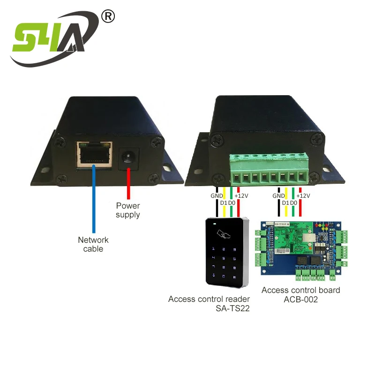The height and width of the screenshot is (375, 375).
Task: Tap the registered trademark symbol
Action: [108, 16]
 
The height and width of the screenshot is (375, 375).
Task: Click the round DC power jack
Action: [127, 157]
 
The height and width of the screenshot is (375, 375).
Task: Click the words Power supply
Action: [128, 210]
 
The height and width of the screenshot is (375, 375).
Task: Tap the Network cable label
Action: [93, 244]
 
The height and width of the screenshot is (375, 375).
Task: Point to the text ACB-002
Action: [301, 300]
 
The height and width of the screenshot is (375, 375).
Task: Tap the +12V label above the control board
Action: [304, 195]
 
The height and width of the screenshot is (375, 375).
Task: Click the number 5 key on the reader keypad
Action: [224, 258]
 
